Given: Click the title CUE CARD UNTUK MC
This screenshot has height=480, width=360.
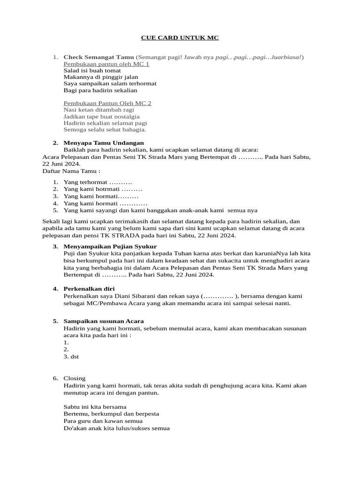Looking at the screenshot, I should [x=180, y=37].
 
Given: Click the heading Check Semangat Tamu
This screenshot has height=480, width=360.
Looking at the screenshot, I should [x=98, y=57].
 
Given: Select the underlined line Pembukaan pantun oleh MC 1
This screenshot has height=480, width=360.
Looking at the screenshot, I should [x=106, y=64].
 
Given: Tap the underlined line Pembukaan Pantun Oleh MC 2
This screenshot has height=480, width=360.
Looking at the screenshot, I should [x=107, y=103].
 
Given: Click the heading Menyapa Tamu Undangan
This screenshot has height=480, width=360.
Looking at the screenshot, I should [x=104, y=143].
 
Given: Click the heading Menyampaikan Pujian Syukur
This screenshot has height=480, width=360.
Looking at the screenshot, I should [x=110, y=246].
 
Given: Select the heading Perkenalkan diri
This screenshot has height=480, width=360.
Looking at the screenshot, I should [x=89, y=289].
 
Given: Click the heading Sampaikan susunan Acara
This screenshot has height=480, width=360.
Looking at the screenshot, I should [x=104, y=321].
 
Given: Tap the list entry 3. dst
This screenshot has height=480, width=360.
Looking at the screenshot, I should [x=71, y=357].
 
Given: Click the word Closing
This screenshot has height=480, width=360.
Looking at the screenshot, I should [x=75, y=378].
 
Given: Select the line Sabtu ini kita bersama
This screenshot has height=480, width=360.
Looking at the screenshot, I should [x=95, y=406].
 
